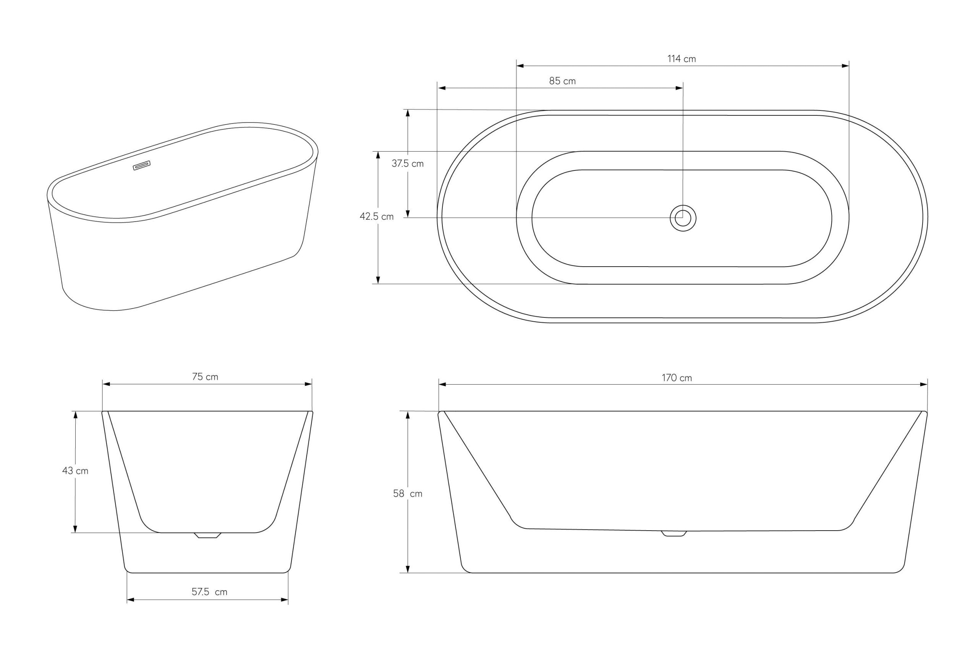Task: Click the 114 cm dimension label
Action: point(681,59)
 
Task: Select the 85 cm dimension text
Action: point(562,81)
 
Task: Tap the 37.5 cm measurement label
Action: point(408,164)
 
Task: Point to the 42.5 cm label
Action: point(377,217)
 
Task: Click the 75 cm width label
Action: point(205,377)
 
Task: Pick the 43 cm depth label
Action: point(75,471)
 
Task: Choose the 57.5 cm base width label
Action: point(209,592)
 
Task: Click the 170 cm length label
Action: point(677,378)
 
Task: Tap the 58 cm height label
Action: point(408,494)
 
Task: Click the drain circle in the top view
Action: point(683,218)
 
